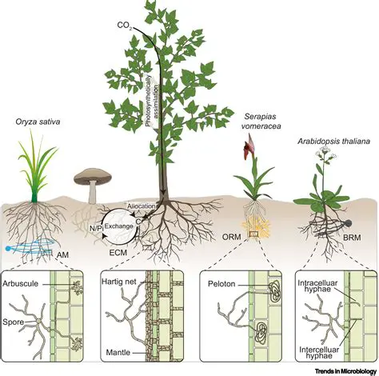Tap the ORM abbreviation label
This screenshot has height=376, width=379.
pos(232,237)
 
